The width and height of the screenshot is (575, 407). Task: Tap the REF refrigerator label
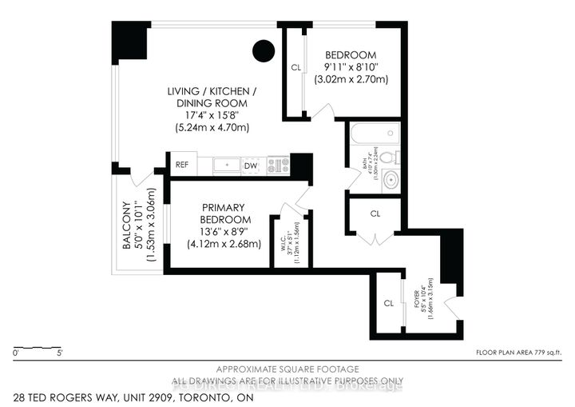coord(182,166)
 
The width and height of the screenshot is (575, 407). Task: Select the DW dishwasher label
coord(249,166)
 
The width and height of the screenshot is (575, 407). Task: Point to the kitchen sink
coord(227,166)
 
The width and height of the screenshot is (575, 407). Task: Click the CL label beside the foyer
coord(388,303)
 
